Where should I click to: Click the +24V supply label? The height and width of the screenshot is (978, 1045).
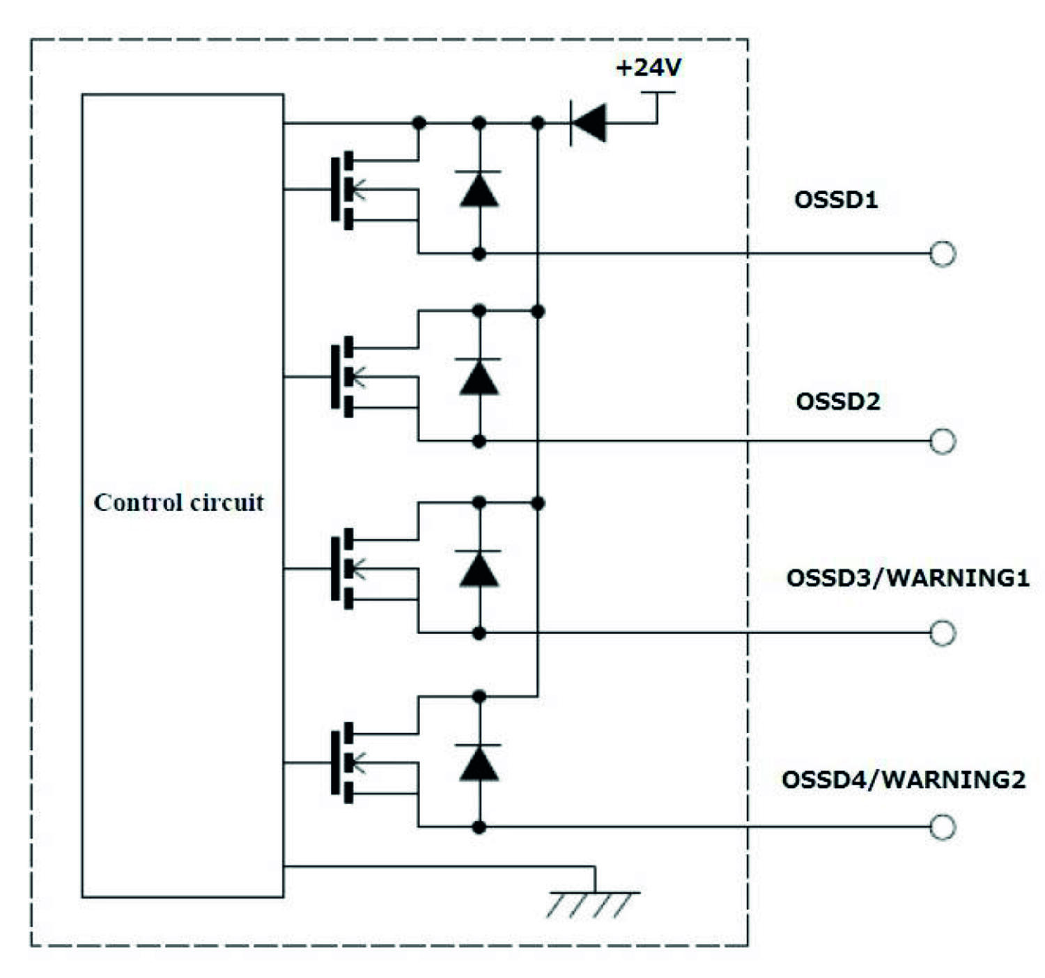click(x=648, y=68)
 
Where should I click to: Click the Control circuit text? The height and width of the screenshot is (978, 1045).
click(x=179, y=502)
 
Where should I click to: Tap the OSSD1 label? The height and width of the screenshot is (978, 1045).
click(x=835, y=200)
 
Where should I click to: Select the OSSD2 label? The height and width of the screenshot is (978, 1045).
click(x=837, y=402)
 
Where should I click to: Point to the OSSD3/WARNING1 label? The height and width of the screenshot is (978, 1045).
click(x=907, y=578)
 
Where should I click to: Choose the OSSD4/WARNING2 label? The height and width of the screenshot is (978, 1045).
click(x=903, y=779)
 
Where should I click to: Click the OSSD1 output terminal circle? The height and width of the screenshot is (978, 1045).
click(x=943, y=254)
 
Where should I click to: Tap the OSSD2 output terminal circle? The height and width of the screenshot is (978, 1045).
click(x=943, y=441)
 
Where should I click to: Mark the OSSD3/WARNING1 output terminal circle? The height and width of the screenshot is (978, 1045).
click(x=943, y=633)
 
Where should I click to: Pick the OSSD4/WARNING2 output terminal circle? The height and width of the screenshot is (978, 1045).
click(x=943, y=827)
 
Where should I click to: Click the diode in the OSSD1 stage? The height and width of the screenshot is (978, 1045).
click(x=479, y=189)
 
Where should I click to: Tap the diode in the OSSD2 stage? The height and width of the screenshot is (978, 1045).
click(x=479, y=377)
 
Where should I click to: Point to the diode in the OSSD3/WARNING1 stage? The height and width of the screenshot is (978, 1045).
click(x=479, y=569)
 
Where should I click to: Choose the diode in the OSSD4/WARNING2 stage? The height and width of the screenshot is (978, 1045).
click(x=479, y=763)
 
